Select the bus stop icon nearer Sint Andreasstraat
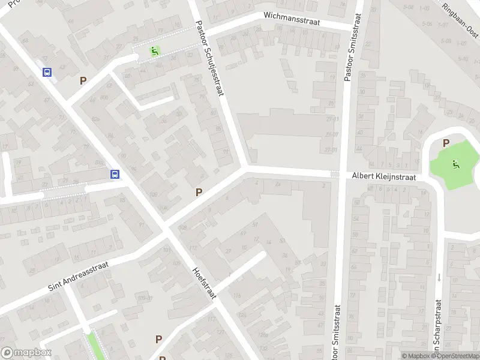(x=115, y=175)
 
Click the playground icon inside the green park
(x=455, y=164)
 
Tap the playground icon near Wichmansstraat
(x=155, y=52)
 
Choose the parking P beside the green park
(x=446, y=143)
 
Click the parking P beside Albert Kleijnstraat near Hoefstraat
(x=199, y=192)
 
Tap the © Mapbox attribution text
(x=416, y=356)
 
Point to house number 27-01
(x=331, y=150)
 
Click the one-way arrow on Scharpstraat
(x=439, y=277)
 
